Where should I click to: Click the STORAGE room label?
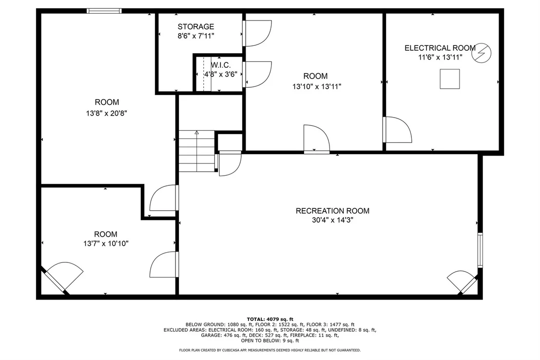195,26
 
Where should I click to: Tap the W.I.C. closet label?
221,65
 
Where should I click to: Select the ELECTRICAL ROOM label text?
440,48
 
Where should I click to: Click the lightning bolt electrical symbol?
482,53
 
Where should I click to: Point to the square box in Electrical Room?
450,79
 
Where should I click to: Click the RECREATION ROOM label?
332,211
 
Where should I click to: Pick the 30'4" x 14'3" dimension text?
332,220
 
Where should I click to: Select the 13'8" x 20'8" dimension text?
106,113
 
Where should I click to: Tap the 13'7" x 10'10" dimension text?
106,243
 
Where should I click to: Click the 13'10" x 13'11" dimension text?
316,86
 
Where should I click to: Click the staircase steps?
196,151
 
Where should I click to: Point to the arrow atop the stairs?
196,132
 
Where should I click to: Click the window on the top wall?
104,11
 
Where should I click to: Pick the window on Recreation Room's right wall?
480,250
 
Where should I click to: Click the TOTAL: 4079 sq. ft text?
270,320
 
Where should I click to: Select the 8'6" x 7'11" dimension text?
196,36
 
